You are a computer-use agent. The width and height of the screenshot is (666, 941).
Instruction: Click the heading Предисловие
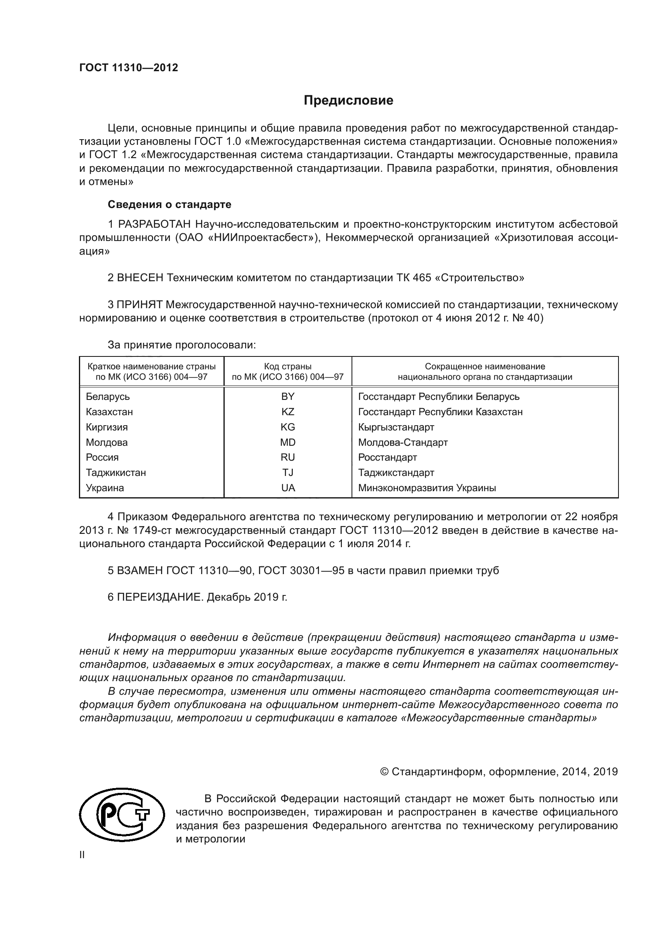point(348,101)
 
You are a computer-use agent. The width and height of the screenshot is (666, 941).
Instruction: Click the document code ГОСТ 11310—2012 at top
point(128,68)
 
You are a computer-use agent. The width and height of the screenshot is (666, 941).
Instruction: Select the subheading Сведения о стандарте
point(170,204)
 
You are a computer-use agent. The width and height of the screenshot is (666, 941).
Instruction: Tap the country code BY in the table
point(287,396)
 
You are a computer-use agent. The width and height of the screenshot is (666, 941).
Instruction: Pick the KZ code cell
point(287,412)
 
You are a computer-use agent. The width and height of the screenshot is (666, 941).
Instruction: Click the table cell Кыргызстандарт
point(396,427)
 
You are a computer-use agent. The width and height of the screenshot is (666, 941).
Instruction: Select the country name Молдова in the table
point(107,442)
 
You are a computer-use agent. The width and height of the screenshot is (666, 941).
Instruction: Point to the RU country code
point(287,457)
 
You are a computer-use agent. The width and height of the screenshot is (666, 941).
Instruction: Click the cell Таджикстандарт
point(396,473)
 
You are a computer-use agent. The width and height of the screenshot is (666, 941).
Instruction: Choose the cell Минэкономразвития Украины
point(427,488)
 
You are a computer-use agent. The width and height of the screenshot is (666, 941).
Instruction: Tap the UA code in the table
point(287,488)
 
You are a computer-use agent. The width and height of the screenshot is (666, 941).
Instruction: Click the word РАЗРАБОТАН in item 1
point(155,224)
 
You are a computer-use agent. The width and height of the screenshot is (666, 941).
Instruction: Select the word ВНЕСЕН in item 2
point(140,278)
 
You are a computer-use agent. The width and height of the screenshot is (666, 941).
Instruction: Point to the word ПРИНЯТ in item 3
point(139,305)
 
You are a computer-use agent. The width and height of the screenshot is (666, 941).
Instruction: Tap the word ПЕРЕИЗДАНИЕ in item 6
point(160,597)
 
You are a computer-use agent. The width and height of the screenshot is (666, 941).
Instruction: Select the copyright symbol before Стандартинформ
point(384,772)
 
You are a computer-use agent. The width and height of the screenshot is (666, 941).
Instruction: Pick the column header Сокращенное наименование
point(485,367)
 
